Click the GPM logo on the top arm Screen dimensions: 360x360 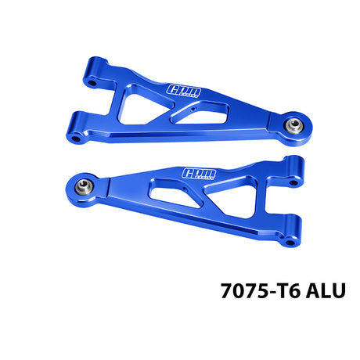tap(184, 91)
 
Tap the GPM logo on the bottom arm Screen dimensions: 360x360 tap(200, 174)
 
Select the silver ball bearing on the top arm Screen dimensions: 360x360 tap(294, 125)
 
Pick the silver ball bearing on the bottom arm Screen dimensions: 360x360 tap(84, 186)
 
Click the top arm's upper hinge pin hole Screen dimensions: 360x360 tap(92, 84)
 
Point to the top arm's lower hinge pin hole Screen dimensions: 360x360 tap(76, 139)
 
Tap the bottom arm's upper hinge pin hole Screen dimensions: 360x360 tap(294, 182)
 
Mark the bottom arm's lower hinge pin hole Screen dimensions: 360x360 tap(290, 243)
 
